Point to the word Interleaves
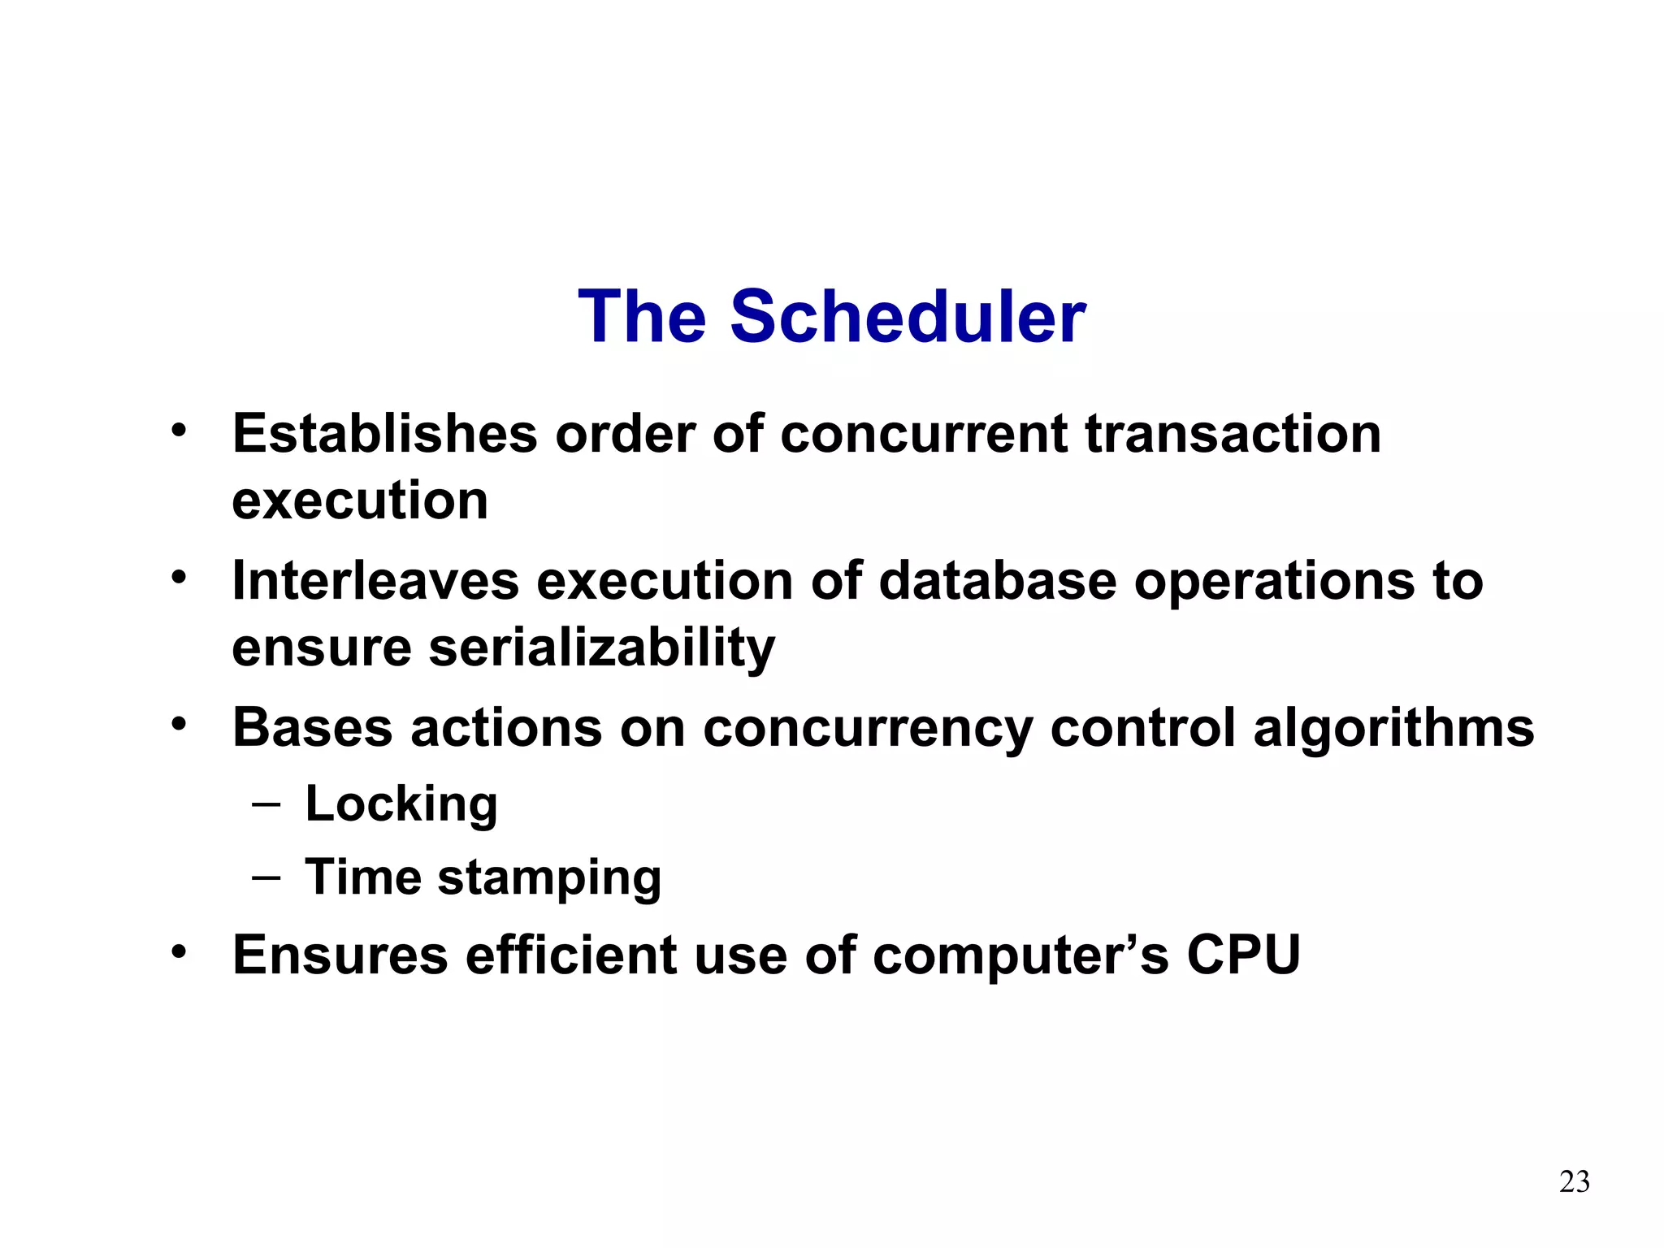[x=375, y=581]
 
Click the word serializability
[x=601, y=648]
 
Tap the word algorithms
[x=1393, y=727]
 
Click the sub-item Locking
[x=401, y=804]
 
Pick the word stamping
[x=549, y=877]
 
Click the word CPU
[x=1243, y=955]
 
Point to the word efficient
[x=570, y=955]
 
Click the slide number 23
[x=1574, y=1181]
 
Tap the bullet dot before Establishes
[x=179, y=430]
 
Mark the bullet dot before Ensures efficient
[x=179, y=951]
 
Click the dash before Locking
[x=266, y=804]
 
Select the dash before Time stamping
[x=266, y=877]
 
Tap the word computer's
[x=1020, y=955]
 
